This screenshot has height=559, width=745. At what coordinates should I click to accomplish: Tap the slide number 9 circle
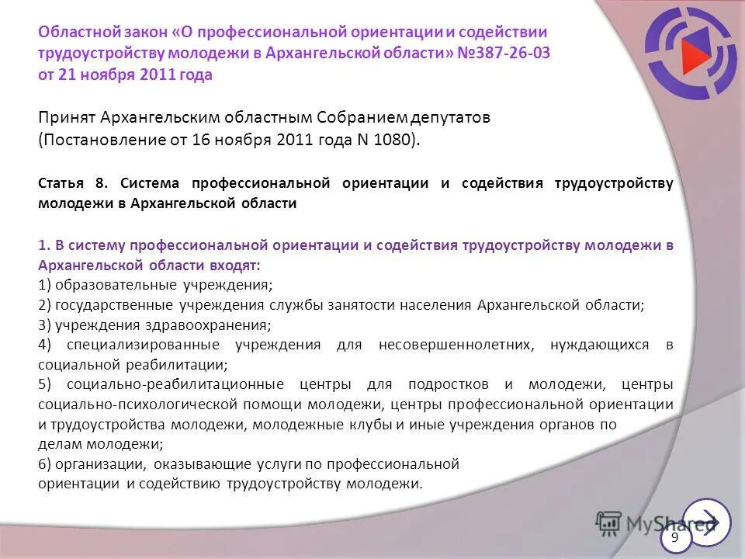(674, 538)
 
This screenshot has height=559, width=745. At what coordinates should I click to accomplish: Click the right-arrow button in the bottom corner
(707, 521)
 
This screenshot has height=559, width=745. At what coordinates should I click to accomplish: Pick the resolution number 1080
(397, 140)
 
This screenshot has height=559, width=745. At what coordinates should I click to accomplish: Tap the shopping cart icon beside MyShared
(609, 524)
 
